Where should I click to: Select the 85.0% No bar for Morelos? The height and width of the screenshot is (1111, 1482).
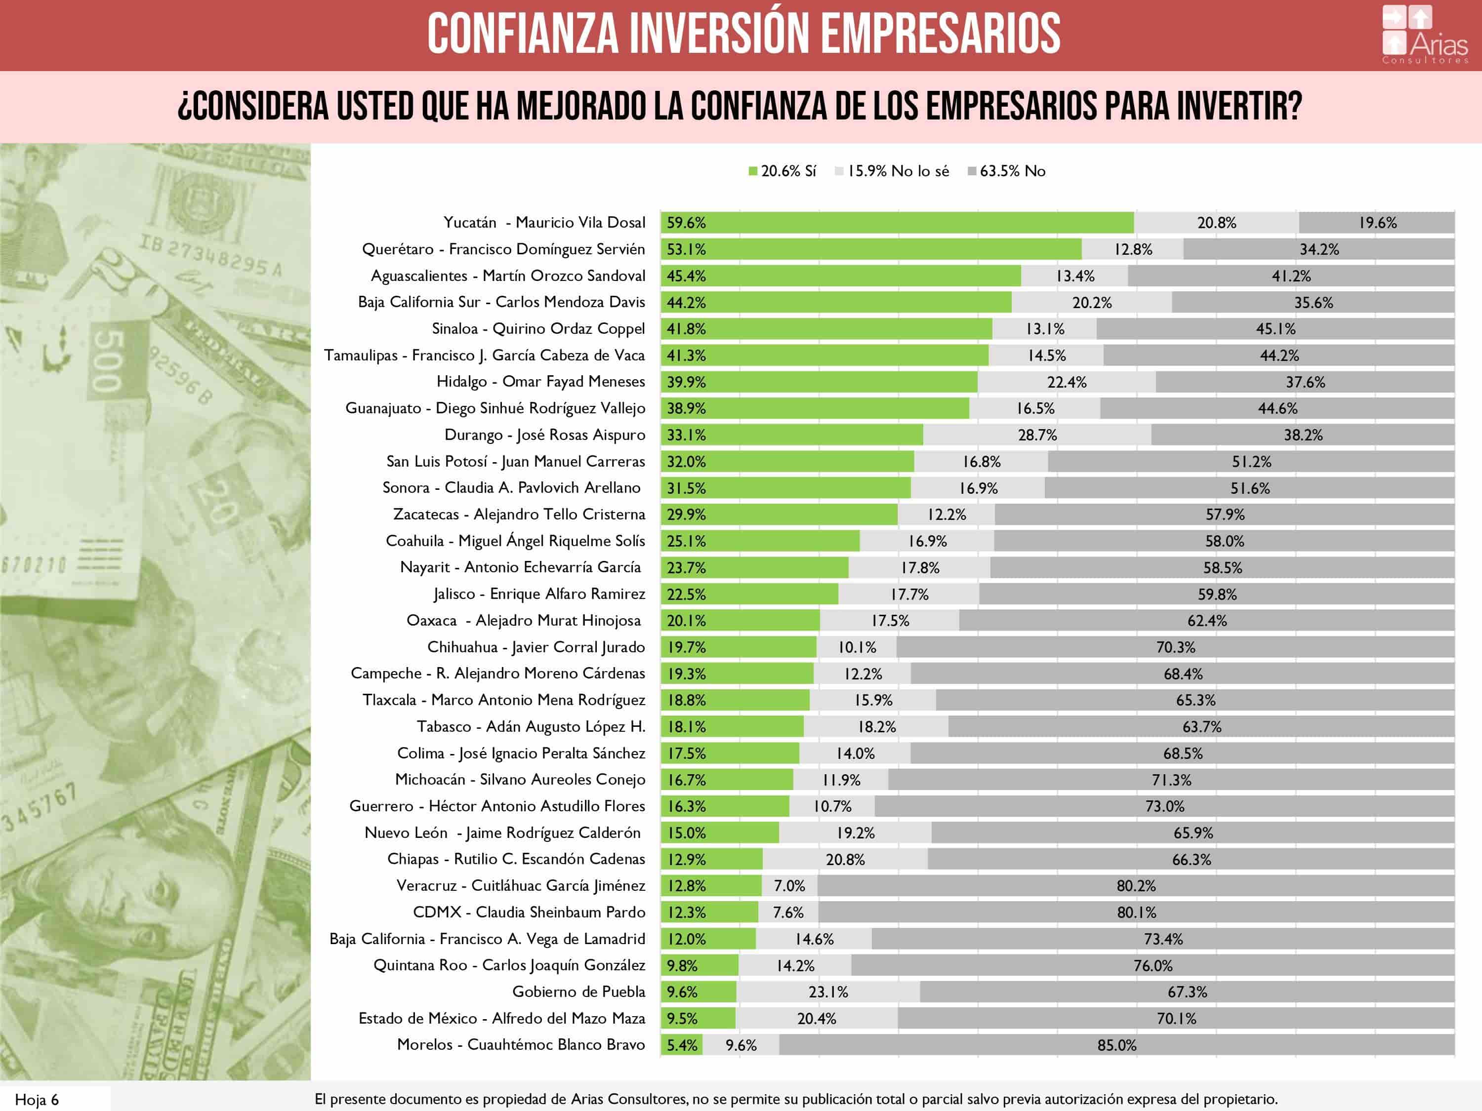click(x=1117, y=1045)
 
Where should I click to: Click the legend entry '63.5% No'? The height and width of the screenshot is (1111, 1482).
click(x=1006, y=171)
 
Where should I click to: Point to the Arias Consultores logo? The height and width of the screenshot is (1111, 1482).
click(x=1424, y=35)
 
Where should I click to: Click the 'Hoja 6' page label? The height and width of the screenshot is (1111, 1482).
click(x=37, y=1100)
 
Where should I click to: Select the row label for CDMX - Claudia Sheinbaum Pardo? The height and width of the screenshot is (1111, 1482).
click(x=529, y=912)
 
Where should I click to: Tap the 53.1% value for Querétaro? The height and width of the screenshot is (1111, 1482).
click(x=686, y=250)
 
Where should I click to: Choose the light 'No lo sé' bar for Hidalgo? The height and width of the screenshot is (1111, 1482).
click(x=1066, y=382)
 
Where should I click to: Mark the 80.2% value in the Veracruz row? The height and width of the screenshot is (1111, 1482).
click(x=1136, y=886)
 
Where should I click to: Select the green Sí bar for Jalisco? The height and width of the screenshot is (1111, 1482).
click(x=749, y=594)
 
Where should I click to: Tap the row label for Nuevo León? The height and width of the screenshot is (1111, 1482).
click(x=502, y=833)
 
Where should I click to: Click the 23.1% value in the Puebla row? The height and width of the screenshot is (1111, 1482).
click(x=828, y=992)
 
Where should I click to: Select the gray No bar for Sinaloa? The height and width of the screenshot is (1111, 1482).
click(x=1275, y=329)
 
